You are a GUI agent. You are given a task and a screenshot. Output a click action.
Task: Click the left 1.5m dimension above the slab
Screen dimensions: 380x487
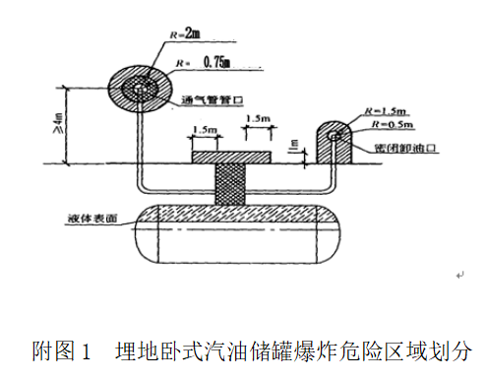point(205,129)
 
